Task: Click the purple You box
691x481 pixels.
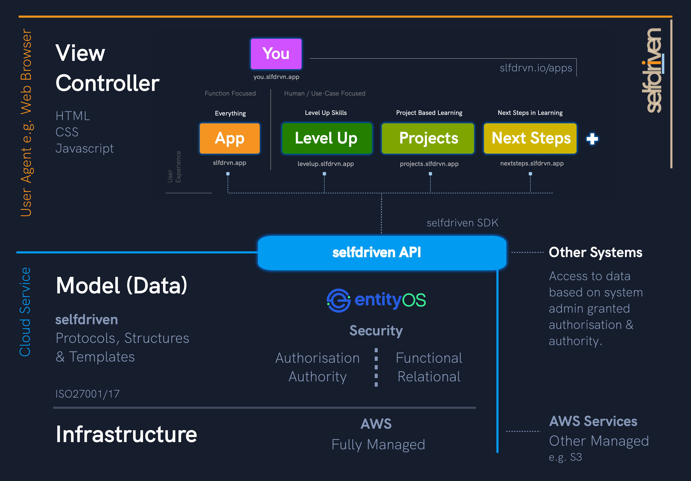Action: point(276,54)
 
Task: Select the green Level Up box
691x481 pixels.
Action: point(327,138)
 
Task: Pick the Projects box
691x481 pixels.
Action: point(428,138)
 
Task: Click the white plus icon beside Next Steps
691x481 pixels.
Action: point(592,139)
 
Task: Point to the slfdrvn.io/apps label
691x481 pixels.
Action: point(536,68)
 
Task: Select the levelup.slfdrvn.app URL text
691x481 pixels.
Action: point(326,164)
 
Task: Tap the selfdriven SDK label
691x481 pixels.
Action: point(462,223)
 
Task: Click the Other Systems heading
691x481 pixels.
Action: point(595,252)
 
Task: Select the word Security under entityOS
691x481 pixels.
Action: point(376,331)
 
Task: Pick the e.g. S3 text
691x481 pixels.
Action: point(565,457)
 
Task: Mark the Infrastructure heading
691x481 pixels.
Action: point(126,434)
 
